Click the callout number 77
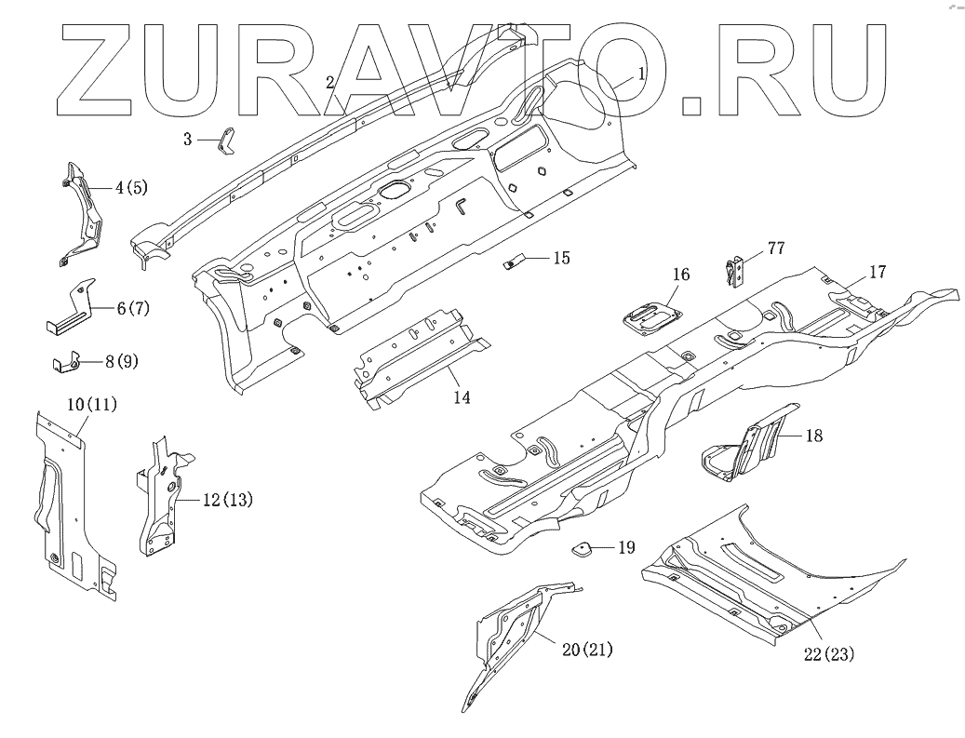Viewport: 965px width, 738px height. [777, 248]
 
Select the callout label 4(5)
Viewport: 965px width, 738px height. [131, 188]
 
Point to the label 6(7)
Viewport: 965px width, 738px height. [133, 307]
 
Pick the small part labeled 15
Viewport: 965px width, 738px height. [515, 262]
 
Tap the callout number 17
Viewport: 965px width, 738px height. [878, 273]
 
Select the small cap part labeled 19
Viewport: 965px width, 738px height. [584, 550]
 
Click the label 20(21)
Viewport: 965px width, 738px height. [587, 649]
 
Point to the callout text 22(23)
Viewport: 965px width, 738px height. [828, 655]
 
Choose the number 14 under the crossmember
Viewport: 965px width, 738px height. [462, 397]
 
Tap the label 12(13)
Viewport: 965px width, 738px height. [226, 500]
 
